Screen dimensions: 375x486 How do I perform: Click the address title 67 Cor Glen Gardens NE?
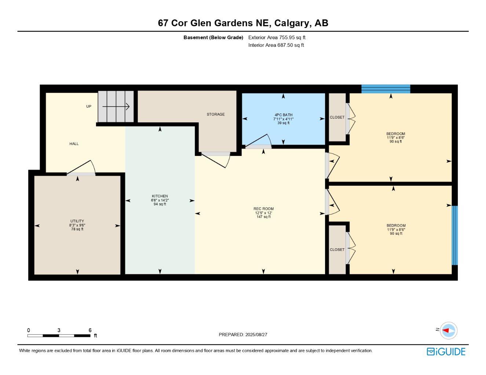pos(243,23)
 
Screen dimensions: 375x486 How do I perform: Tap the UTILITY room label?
pos(77,221)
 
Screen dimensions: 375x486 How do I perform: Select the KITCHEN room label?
pos(160,196)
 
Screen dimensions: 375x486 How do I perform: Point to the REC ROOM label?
pos(263,209)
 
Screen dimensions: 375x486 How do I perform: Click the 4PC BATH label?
pos(283,115)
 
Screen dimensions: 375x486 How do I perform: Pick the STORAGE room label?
pos(216,114)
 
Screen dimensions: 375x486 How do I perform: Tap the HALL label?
pos(74,144)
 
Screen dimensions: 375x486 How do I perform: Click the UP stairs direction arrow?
pos(116,107)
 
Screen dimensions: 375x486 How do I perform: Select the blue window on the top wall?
pos(385,89)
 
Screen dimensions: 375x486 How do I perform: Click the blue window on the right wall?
pos(454,235)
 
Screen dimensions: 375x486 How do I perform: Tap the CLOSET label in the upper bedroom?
pos(337,118)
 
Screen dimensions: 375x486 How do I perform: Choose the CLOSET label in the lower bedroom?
pos(337,250)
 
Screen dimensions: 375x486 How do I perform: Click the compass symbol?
pos(448,330)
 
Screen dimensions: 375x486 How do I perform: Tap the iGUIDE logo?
pos(446,352)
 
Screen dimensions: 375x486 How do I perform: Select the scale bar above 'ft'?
pos(59,335)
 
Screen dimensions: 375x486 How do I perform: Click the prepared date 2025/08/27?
pos(243,335)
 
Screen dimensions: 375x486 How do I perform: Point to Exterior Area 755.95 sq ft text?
pos(277,37)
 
